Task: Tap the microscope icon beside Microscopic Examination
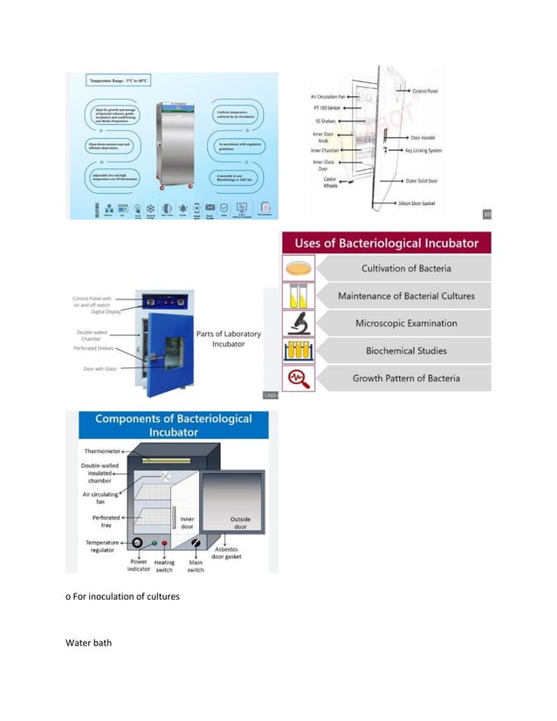tap(299, 323)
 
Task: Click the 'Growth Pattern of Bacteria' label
tap(406, 378)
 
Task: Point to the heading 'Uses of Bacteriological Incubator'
tap(386, 243)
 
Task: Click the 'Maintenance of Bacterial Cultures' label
tap(406, 296)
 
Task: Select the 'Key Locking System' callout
tap(436, 150)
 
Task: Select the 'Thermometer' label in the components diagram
tap(103, 451)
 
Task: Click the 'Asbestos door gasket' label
tap(221, 552)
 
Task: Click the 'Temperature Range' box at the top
tap(119, 81)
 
